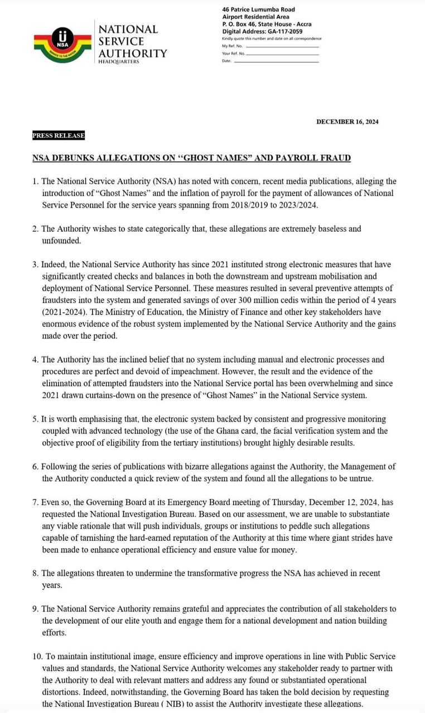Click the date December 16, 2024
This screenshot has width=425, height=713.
pos(347,122)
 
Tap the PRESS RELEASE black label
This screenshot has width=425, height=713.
pos(59,135)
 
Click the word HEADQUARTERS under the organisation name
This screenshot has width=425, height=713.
pos(119,61)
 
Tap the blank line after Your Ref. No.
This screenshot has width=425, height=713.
pos(283,53)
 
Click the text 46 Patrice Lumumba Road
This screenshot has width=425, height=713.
pos(258,9)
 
